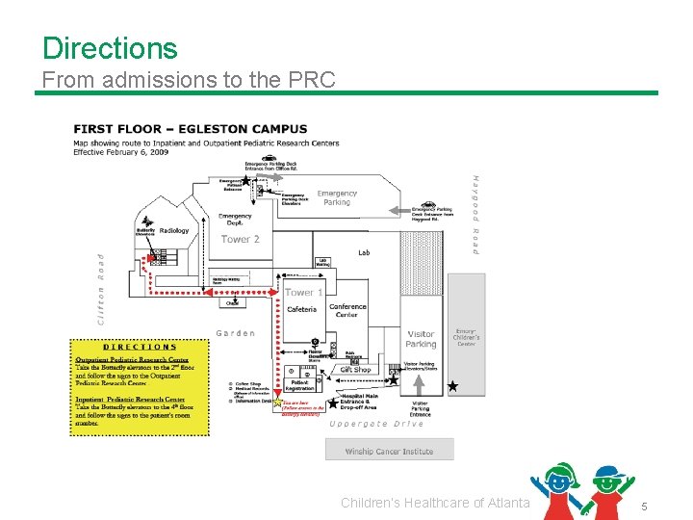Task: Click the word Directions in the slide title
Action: [110, 48]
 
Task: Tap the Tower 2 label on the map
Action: [241, 239]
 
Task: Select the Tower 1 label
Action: [304, 293]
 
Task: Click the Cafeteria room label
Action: [301, 309]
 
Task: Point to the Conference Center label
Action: [347, 311]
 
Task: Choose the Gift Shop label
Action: [355, 370]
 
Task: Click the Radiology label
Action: [174, 231]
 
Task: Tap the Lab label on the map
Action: [364, 252]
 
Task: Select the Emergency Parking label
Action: [337, 197]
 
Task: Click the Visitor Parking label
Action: [421, 339]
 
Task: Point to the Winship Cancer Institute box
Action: [389, 451]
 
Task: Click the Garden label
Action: [236, 333]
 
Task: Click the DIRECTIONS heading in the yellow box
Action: [140, 347]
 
